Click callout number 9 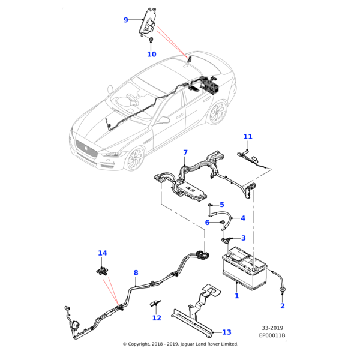(x=126, y=20)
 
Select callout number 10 (x=151, y=54)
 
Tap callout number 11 (x=248, y=137)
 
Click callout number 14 (x=102, y=253)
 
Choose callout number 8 (x=136, y=273)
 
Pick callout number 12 (x=157, y=318)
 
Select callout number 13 (x=226, y=332)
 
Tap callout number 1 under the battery (x=236, y=296)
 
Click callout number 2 (x=283, y=306)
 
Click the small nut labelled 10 (x=151, y=40)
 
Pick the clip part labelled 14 (x=103, y=269)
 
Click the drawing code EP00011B (x=272, y=335)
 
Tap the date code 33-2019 (x=273, y=328)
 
